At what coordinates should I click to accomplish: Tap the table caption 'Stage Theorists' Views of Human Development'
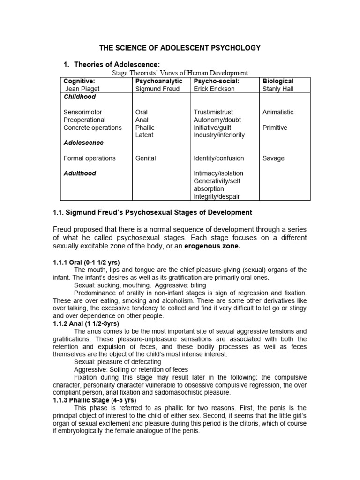(180, 73)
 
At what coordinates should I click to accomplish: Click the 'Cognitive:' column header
(79, 82)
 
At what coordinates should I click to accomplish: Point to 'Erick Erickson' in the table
(214, 89)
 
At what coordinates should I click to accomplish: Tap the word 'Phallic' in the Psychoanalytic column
(144, 127)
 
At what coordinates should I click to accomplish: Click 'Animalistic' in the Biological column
(278, 112)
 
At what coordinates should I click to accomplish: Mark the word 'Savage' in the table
(273, 158)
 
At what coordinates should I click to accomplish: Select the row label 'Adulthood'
(80, 173)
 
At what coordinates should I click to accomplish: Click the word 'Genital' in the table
(145, 158)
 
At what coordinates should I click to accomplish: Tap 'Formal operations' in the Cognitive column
(90, 158)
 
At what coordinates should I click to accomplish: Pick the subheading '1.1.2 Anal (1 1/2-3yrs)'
(86, 324)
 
